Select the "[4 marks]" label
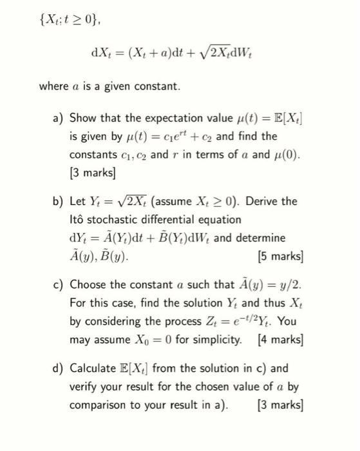279,338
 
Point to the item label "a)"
59,118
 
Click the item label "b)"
59,202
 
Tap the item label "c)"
59,285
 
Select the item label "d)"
59,369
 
